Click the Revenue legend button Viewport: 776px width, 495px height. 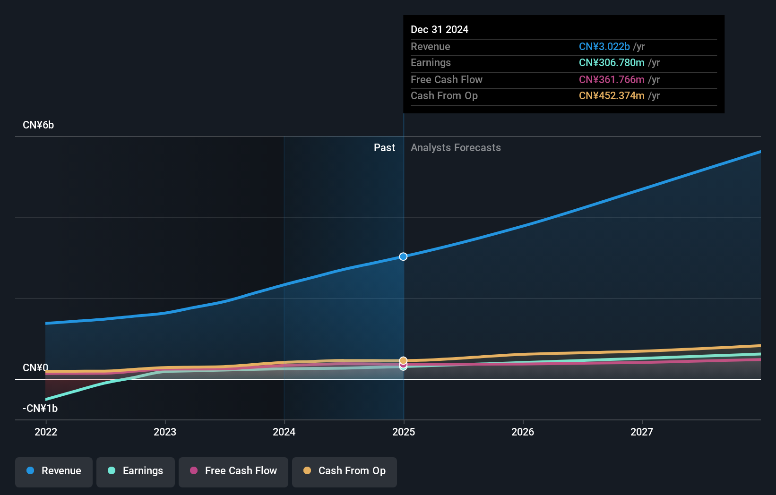(54, 471)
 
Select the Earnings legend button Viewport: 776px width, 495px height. (136, 471)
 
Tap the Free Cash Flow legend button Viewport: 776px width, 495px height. (233, 471)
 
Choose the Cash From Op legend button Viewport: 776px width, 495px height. (345, 471)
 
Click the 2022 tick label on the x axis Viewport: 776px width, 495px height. (46, 432)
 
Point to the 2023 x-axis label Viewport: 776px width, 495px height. (165, 432)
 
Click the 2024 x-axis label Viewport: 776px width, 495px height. (284, 432)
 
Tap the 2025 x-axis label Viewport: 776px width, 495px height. (404, 432)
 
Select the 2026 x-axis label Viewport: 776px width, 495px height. (523, 432)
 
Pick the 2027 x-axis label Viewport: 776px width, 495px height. (642, 432)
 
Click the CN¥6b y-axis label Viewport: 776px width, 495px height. (38, 125)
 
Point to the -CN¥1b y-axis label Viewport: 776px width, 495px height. (40, 409)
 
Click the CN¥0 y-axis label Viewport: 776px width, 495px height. (35, 368)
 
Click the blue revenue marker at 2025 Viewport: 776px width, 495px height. (403, 256)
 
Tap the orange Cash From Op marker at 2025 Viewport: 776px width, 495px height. (403, 360)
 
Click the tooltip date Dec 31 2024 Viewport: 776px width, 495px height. (440, 30)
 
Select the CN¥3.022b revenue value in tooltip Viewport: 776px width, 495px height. (604, 47)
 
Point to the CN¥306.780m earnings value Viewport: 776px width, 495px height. (612, 63)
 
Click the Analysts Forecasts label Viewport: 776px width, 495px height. (456, 148)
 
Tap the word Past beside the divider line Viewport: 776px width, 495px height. (384, 148)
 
